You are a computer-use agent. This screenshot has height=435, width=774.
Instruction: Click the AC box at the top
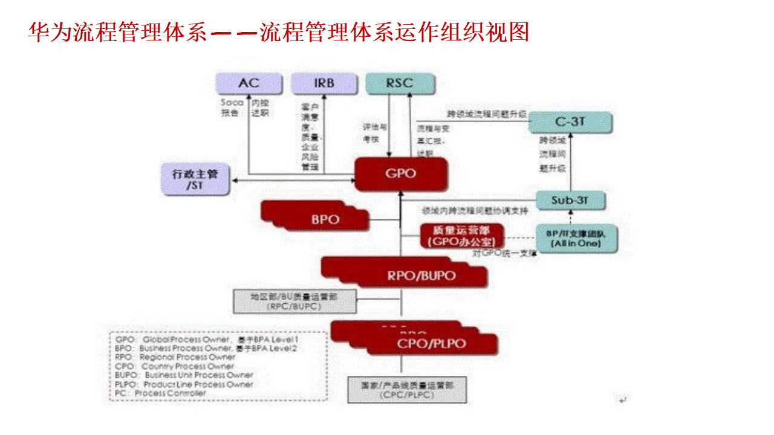tap(249, 83)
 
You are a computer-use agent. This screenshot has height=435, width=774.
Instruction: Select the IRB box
tap(324, 83)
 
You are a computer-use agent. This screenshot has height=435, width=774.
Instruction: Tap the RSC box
tap(399, 83)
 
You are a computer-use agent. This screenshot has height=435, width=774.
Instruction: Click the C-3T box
tap(570, 122)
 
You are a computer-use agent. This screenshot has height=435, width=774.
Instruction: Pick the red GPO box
tap(401, 174)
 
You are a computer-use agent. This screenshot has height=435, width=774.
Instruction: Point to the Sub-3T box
tap(570, 200)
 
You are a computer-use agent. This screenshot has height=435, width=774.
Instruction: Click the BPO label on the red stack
tap(325, 219)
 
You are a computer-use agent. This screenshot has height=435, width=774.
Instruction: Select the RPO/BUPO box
tap(421, 276)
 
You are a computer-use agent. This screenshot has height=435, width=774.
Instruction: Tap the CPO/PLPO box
tap(431, 344)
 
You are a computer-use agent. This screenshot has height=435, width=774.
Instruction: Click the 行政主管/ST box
tap(195, 179)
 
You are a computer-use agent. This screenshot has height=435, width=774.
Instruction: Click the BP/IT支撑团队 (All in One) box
tap(576, 238)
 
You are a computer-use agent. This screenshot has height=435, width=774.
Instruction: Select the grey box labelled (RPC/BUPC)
tap(294, 301)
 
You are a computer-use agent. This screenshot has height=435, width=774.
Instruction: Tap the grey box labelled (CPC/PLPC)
tap(407, 390)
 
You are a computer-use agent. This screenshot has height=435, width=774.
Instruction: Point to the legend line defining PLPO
tap(184, 384)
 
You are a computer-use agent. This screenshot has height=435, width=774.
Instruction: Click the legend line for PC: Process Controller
tap(160, 393)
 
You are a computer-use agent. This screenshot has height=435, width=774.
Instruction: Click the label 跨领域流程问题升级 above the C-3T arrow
tap(487, 114)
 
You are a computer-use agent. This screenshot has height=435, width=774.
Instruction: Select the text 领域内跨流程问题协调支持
tap(475, 211)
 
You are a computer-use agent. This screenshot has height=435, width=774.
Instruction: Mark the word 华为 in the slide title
tap(50, 32)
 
